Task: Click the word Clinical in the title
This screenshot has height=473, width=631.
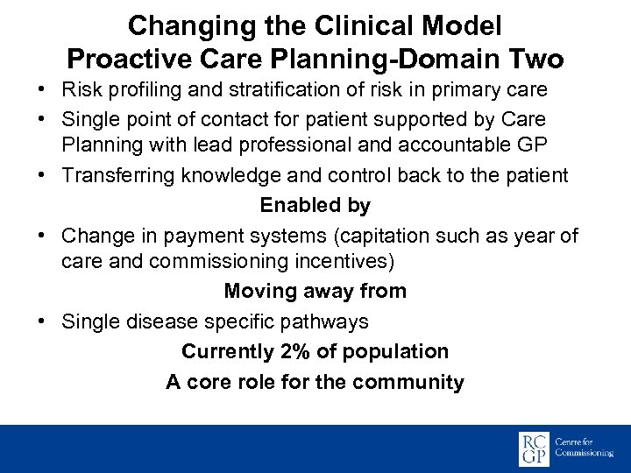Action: (328, 26)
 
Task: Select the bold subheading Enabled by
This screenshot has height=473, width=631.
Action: (315, 206)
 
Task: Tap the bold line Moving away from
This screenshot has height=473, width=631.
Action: (315, 291)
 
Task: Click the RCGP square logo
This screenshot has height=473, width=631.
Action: (534, 448)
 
